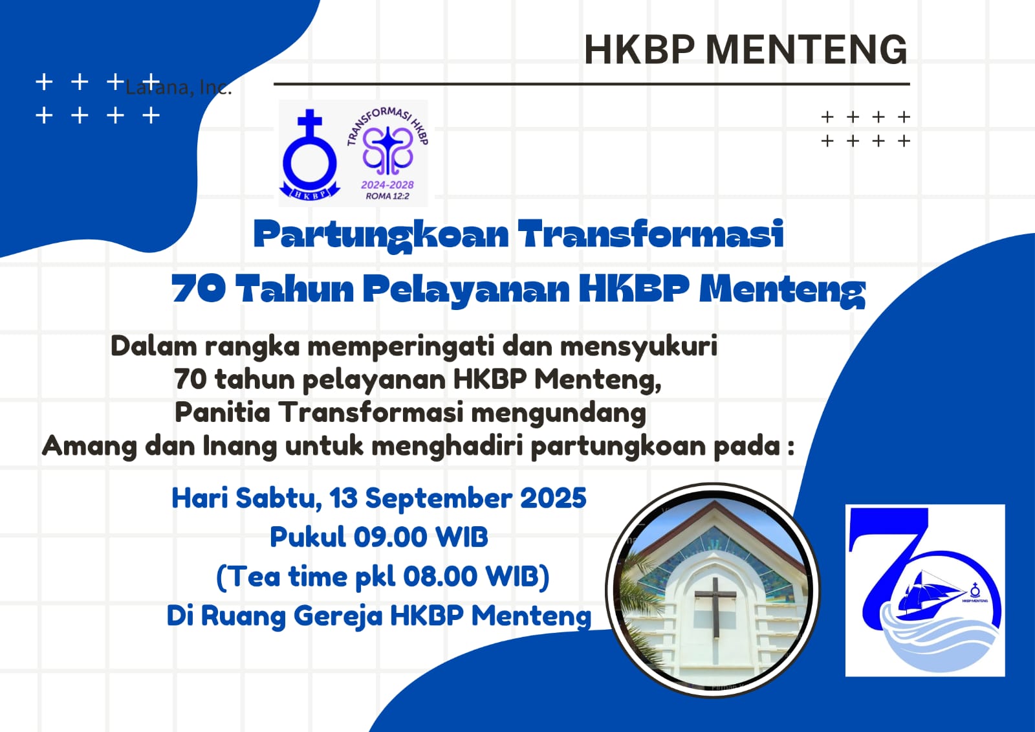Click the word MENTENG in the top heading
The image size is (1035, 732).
point(806,49)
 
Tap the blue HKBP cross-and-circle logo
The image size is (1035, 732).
point(310,155)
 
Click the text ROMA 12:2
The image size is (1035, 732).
point(387,196)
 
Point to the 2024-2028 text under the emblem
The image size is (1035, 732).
point(387,184)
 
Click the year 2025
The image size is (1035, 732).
point(553,498)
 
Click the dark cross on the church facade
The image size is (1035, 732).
point(715,606)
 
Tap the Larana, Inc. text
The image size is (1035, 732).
point(179,87)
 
